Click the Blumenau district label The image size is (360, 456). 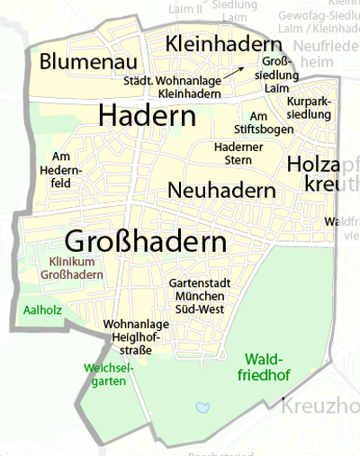[x=80, y=61]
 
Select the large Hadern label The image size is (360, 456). [x=147, y=116]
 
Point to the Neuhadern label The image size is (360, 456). [x=220, y=191]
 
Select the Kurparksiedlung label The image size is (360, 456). [x=309, y=107]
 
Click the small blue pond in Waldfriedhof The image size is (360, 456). [x=202, y=407]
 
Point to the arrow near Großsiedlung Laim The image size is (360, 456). [x=234, y=72]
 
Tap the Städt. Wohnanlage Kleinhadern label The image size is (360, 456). [x=176, y=86]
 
